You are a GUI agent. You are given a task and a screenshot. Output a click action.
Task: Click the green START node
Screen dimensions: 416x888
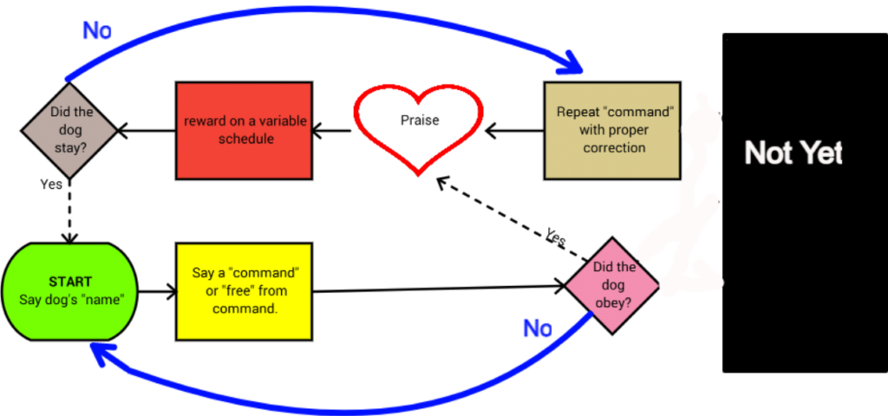tap(69, 291)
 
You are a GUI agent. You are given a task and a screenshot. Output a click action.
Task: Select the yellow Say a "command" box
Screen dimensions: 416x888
tap(243, 290)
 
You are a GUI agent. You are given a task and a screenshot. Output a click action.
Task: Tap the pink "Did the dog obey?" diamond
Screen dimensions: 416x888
tap(610, 283)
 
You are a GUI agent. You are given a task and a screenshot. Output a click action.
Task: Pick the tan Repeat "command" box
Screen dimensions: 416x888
tap(612, 130)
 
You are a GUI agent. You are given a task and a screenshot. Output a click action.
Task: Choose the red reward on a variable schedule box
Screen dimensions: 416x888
tap(244, 130)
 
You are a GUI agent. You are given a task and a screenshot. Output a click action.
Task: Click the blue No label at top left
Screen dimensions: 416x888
tap(97, 30)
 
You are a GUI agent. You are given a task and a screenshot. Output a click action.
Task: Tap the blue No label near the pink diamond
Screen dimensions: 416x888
tap(538, 328)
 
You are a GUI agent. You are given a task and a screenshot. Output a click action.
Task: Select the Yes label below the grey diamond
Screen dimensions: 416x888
tap(52, 184)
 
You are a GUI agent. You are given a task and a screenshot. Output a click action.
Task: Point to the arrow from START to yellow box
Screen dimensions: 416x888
tap(156, 291)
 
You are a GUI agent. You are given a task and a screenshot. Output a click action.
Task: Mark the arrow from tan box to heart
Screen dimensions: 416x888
tap(514, 131)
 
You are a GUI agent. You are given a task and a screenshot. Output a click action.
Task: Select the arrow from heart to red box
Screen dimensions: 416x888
tap(332, 131)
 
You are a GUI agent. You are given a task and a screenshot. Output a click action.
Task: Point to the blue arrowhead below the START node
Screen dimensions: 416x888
tap(103, 353)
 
